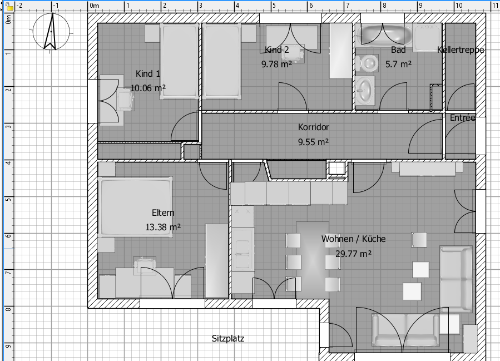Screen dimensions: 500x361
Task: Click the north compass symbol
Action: [51, 32]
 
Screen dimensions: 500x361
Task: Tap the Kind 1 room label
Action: [148, 73]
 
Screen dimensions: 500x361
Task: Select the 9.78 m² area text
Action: [276, 64]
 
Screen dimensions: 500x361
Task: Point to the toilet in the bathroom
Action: [368, 63]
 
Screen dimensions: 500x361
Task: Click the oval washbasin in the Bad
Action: [365, 90]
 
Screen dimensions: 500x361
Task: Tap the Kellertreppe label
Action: [461, 50]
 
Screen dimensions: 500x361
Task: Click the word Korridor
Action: [314, 127]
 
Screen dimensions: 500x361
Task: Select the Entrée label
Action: [463, 118]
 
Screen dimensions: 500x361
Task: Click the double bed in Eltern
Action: [135, 207]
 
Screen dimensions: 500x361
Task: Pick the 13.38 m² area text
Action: [163, 227]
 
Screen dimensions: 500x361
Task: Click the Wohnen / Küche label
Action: [353, 239]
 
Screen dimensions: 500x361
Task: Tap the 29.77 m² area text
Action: [353, 254]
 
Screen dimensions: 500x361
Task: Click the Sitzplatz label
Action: [228, 338]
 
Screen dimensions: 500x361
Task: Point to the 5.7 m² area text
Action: [398, 64]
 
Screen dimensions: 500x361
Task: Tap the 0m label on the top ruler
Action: [95, 6]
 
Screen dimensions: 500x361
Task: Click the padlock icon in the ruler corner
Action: [9, 6]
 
